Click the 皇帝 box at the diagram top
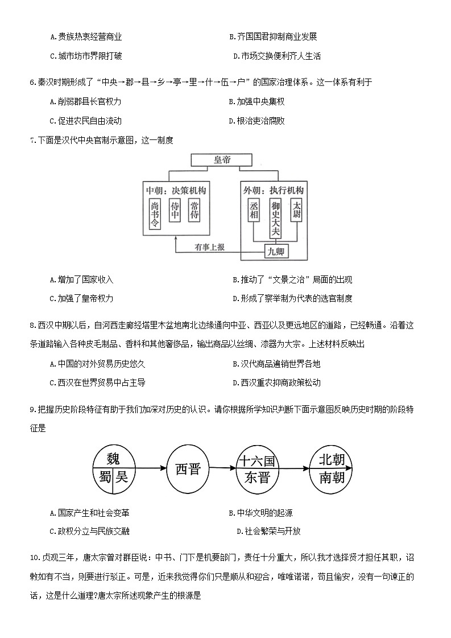pos(222,160)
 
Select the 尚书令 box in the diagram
pos(155,213)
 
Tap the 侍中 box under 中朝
pos(175,210)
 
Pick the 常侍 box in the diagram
pos(195,210)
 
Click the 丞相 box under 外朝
pos(254,210)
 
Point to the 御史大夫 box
pos(275,218)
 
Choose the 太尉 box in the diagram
pos(296,210)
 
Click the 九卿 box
pos(276,251)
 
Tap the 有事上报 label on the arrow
pos(209,247)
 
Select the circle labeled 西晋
pos(188,469)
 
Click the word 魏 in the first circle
pos(113,459)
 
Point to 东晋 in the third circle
pos(257,478)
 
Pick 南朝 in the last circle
pos(332,478)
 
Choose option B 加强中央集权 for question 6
pos(256,101)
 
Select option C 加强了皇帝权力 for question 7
pos(81,298)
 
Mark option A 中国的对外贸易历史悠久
pos(97,364)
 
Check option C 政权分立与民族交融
pos(89,531)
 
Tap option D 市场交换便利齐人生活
pos(277,56)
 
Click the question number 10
pos(35,557)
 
